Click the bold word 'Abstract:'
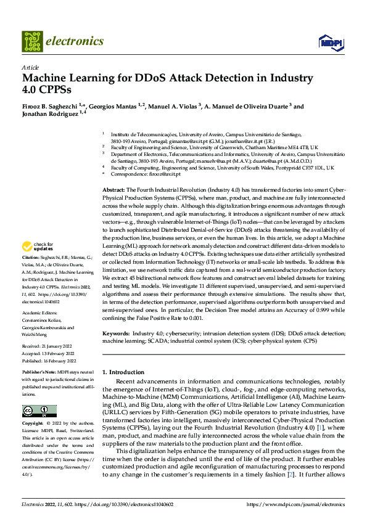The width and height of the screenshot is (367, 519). (x=113, y=190)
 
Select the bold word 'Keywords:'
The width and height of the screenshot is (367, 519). (x=116, y=333)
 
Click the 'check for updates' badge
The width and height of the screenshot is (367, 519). (x=36, y=263)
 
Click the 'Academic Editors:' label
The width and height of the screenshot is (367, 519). (x=41, y=312)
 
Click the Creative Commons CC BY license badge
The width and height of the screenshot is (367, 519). (x=39, y=411)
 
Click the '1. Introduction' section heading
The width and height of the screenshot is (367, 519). (x=122, y=372)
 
